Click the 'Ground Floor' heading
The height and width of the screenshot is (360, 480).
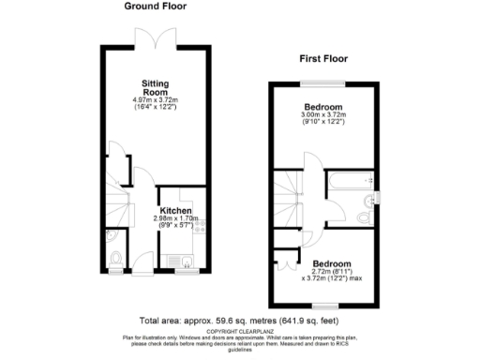[155, 7]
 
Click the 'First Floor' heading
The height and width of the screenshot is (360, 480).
[323, 58]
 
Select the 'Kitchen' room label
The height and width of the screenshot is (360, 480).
[174, 211]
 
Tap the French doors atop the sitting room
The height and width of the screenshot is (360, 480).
[155, 38]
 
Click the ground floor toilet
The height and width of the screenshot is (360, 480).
[115, 259]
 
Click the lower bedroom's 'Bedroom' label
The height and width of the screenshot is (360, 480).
[332, 263]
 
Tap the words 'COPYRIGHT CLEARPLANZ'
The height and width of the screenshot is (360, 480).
[239, 330]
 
